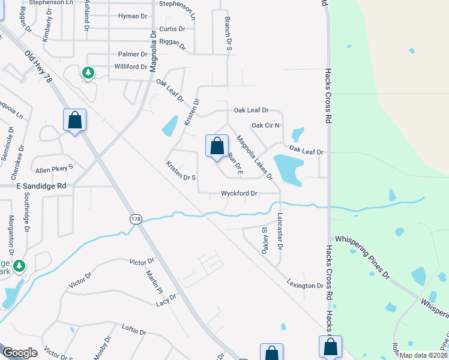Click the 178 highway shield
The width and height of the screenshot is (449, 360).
[x=136, y=220]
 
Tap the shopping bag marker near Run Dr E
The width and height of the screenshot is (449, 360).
[x=217, y=146]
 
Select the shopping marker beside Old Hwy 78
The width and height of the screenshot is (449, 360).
[x=74, y=120]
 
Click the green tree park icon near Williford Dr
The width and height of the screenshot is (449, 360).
[x=88, y=73]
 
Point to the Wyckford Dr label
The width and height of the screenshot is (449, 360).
[x=239, y=194]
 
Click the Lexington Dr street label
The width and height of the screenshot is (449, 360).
[x=305, y=286]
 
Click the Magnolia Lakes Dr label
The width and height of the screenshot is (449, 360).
[x=255, y=158]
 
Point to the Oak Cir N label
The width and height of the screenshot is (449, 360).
[x=265, y=125]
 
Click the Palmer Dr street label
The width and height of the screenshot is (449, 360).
[x=133, y=55]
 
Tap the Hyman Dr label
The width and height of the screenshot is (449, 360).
[x=133, y=16]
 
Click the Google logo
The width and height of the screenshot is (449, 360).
[x=20, y=353]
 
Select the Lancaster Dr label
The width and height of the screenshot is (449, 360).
[x=280, y=230]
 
